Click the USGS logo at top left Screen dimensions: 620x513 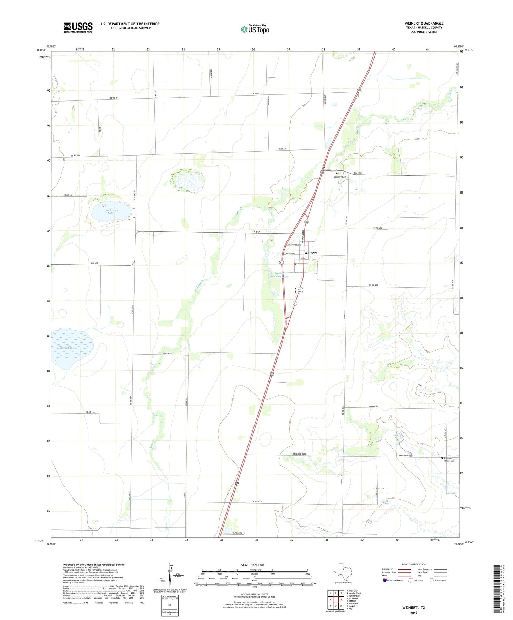coord(78,27)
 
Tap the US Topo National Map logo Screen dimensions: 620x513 coord(255,29)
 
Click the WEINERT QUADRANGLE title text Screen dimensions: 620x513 coord(424,23)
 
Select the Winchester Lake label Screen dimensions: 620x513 coord(111,211)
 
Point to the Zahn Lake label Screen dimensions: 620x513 coord(67,348)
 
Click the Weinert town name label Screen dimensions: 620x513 coord(310,253)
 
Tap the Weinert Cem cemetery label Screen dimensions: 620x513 coord(340,177)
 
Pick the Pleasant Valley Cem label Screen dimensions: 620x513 coord(449,459)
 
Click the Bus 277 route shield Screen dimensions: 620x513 coord(299,290)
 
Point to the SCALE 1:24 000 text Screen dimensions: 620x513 coord(252,565)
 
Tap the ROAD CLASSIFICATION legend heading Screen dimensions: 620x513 coord(414,564)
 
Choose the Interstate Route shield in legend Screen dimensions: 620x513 coord(385,580)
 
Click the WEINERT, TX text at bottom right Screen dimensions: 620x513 coord(414,607)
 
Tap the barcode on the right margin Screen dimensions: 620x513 coord(498,593)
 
